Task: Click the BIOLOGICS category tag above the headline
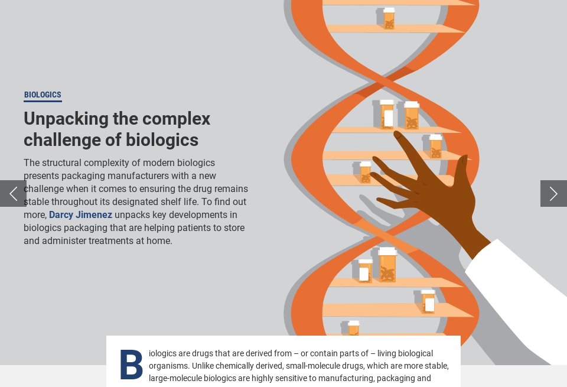point(43,95)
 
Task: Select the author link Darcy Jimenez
point(80,215)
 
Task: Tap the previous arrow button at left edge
point(13,193)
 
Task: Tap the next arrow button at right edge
point(553,193)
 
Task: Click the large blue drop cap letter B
point(131,365)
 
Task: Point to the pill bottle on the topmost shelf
point(388,18)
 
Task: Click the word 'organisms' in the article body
point(164,366)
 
